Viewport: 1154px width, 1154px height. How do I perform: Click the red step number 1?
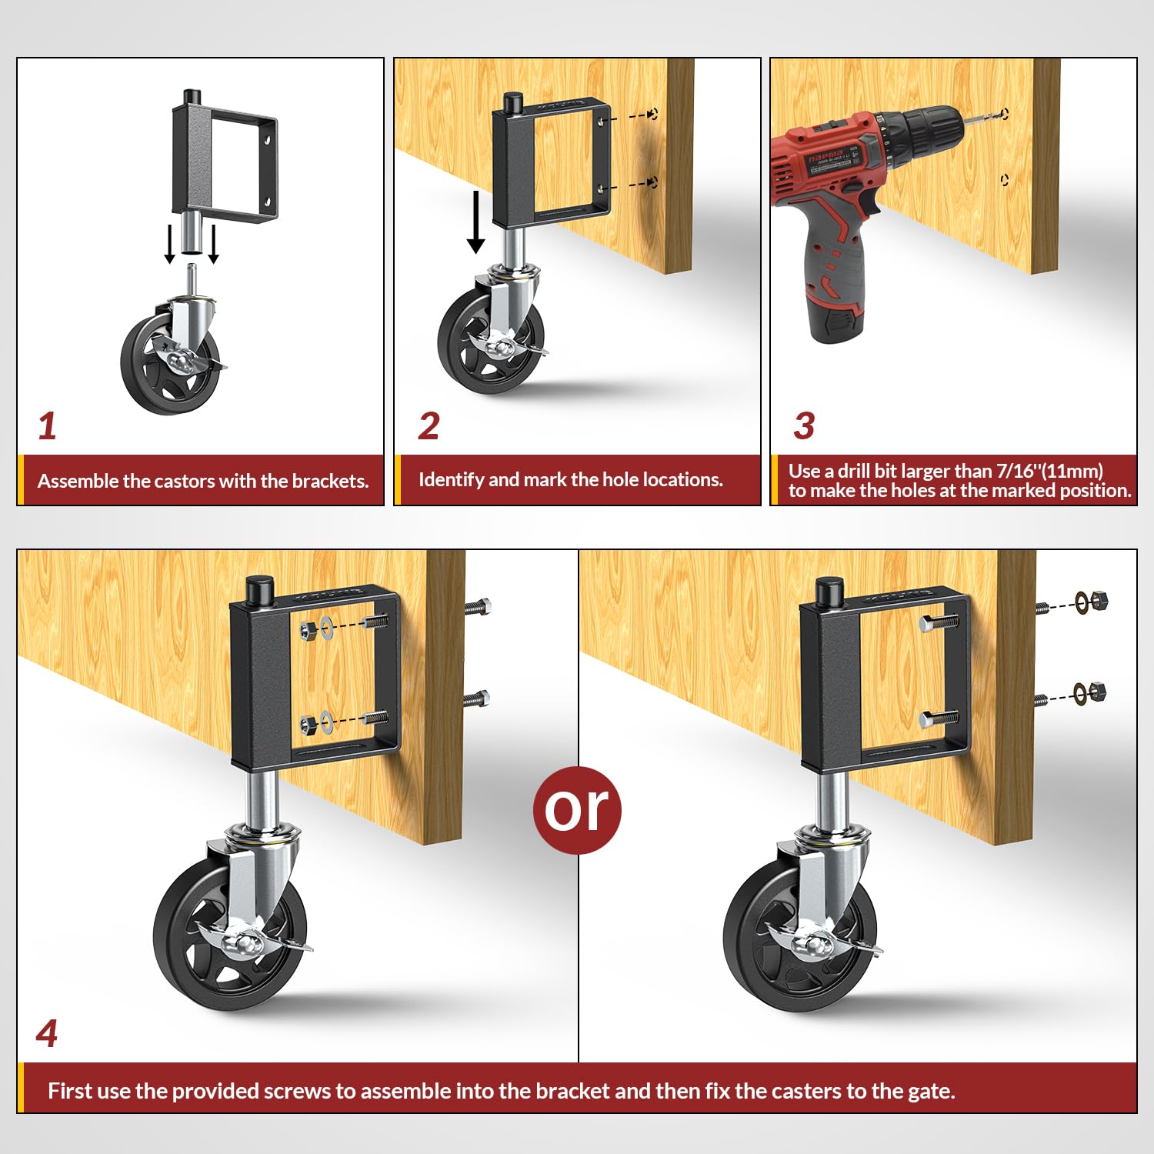coord(48,426)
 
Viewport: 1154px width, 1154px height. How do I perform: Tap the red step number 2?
coord(429,426)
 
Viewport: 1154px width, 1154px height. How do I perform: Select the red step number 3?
coord(804,426)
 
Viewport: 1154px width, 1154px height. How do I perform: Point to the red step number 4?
coord(47,1033)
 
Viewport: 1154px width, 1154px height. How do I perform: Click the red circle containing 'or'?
coord(577,809)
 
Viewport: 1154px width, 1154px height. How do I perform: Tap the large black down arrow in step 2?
coord(476,223)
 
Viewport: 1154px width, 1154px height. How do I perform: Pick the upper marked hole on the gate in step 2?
coord(652,115)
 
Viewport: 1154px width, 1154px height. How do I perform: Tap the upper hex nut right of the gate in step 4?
coord(1099,600)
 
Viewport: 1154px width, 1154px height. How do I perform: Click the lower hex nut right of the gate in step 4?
coord(1098,691)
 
